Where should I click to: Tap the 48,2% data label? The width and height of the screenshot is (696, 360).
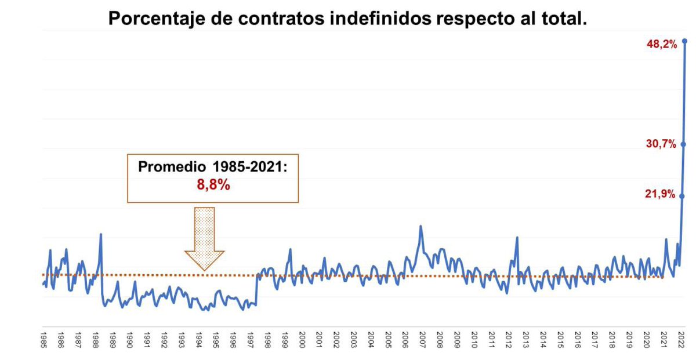point(661,44)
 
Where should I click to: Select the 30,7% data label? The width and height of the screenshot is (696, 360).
point(661,144)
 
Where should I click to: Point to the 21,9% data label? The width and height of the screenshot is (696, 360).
point(661,195)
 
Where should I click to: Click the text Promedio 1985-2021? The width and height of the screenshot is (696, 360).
point(212,167)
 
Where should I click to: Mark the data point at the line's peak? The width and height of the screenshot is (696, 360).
point(685,41)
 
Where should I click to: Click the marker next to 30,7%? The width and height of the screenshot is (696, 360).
point(684,144)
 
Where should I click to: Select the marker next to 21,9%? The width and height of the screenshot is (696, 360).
point(682,196)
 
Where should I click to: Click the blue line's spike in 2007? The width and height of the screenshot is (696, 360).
point(420,226)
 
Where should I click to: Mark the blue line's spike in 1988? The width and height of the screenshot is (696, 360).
point(101,234)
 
